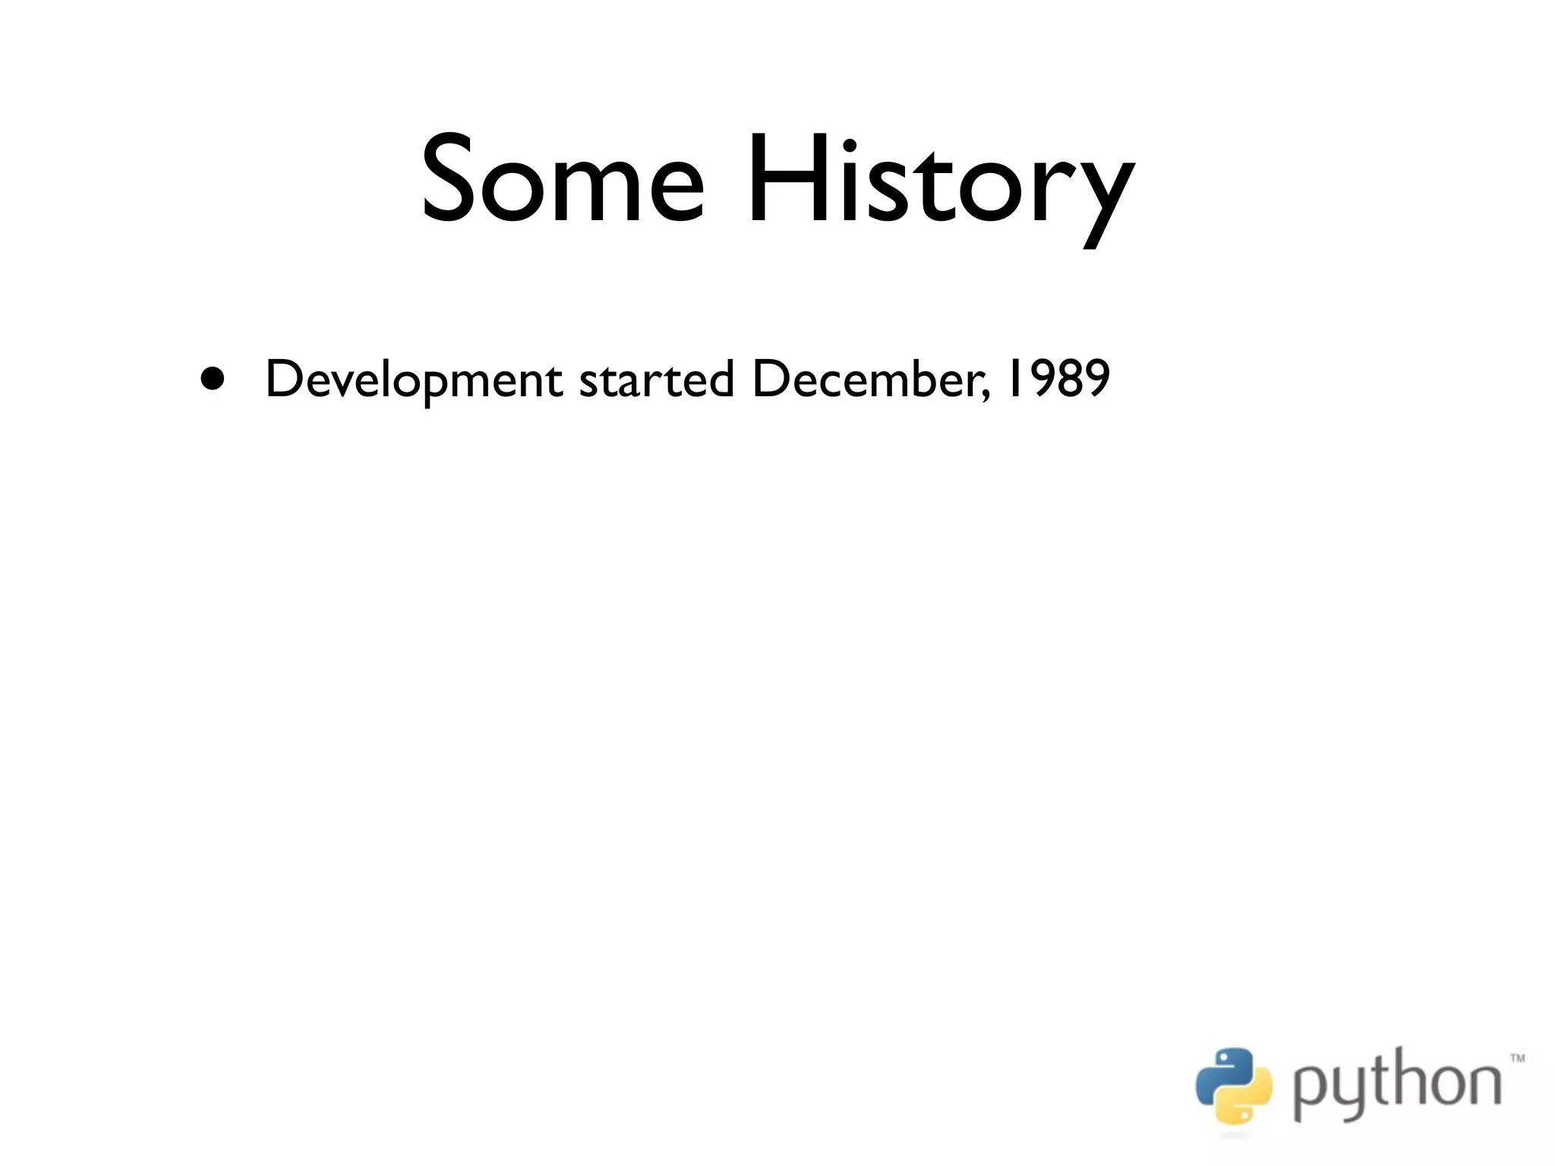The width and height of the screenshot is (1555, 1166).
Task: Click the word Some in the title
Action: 563,179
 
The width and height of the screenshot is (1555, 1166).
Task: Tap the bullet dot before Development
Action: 213,378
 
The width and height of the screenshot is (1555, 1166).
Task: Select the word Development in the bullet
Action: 413,380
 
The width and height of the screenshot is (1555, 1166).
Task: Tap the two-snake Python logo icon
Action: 1234,1086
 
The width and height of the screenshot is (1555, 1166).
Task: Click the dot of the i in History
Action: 850,145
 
